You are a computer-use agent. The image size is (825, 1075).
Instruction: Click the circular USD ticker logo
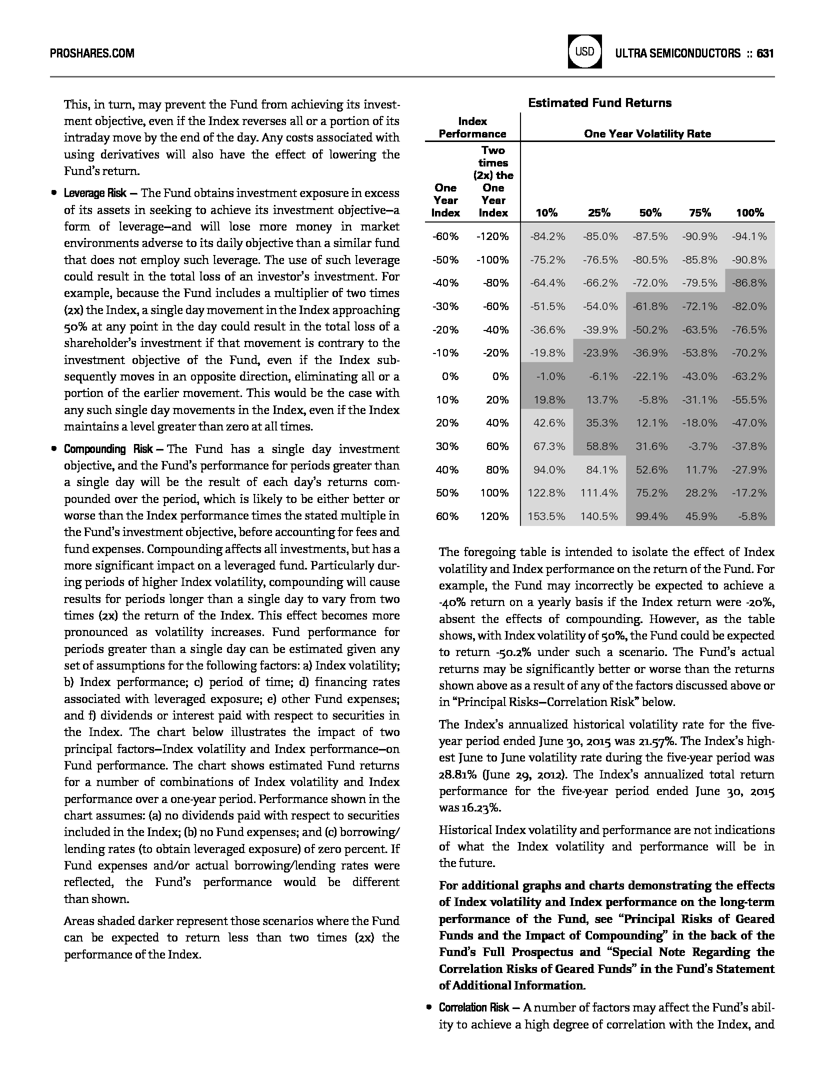[584, 51]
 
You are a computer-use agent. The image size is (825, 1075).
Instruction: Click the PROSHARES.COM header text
[92, 53]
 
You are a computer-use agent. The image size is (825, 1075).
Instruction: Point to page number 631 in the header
[765, 53]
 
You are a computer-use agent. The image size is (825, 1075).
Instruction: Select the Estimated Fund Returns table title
[599, 103]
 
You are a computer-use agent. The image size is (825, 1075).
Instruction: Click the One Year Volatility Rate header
[647, 134]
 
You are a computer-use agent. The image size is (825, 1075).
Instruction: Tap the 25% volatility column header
[599, 213]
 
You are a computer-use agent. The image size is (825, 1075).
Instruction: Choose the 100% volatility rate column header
[749, 213]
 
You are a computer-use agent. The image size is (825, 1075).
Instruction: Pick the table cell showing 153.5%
[546, 516]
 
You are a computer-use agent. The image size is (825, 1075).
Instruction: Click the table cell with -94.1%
[749, 236]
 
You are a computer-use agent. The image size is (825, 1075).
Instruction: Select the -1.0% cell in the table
[550, 376]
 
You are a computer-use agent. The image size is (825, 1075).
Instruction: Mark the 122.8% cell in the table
[546, 493]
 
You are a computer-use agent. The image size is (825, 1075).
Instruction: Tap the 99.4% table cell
[651, 516]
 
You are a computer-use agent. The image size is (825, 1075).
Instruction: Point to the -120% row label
[492, 236]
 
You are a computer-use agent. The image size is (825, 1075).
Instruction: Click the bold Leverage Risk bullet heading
[95, 193]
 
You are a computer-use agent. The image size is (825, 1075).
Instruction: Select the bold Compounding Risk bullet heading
[108, 449]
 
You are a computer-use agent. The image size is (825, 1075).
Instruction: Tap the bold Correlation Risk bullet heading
[474, 1007]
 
